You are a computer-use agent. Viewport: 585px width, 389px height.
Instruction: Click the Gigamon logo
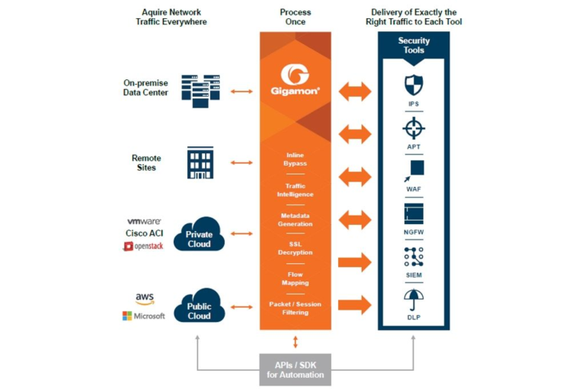pos(295,78)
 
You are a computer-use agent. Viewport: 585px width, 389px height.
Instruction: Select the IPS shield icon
pos(414,84)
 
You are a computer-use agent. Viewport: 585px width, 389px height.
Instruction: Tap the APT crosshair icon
pos(414,127)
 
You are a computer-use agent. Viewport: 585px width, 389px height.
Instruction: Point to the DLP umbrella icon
pos(414,299)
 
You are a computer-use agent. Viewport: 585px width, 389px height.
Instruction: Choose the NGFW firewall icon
pos(414,213)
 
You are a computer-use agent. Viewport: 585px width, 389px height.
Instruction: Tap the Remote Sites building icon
pos(200,162)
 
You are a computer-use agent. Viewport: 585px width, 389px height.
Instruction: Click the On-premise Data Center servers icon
pos(200,88)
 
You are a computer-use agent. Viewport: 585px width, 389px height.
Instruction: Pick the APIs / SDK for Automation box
pos(295,369)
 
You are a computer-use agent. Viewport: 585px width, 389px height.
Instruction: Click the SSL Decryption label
pos(295,248)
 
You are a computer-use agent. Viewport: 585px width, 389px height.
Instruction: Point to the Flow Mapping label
pos(295,278)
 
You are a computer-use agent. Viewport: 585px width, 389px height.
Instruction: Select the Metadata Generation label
pos(295,219)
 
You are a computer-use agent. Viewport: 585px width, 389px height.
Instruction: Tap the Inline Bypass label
pos(295,159)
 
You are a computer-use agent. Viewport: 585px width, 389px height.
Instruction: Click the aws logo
pos(145,299)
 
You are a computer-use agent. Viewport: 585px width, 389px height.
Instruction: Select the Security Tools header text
pos(414,46)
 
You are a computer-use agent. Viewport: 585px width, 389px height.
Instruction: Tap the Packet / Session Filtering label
pos(295,308)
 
